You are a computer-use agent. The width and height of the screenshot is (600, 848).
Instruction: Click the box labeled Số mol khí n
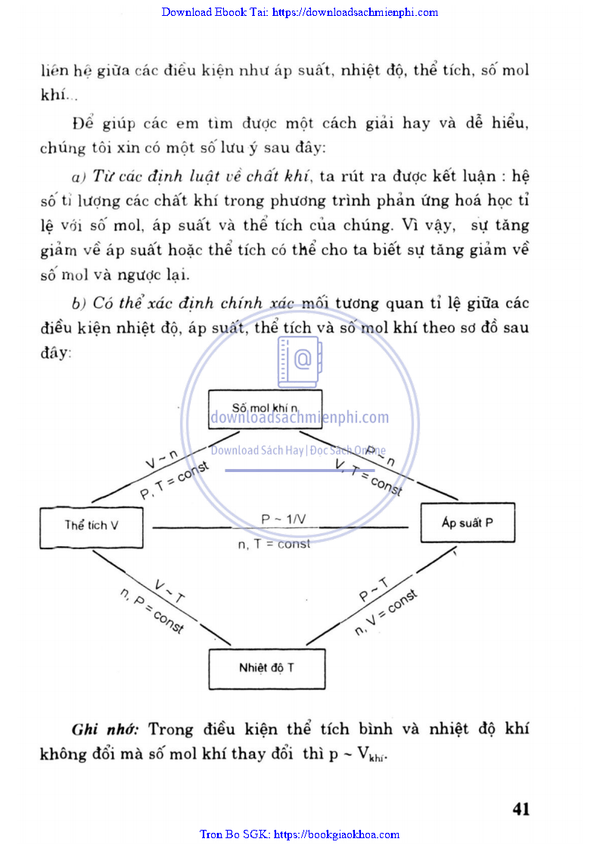pos(266,408)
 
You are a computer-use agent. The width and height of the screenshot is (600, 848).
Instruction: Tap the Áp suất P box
pos(467,523)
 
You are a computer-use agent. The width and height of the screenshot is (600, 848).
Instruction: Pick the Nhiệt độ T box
pos(267,668)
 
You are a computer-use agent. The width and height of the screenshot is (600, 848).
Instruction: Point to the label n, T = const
pos(274,544)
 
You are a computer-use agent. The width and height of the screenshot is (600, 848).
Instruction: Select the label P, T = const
pos(174,480)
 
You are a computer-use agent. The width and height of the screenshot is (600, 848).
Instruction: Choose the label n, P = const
pos(151,611)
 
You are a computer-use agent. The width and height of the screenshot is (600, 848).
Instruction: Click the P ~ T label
pos(374,591)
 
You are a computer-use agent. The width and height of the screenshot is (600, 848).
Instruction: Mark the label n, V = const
pos(386,613)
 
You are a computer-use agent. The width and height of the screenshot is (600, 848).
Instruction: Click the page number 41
pos(521,809)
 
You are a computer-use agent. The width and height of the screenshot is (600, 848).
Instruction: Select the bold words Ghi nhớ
pos(104,730)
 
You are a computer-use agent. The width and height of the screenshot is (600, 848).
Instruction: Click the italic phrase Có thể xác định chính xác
pos(193,303)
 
